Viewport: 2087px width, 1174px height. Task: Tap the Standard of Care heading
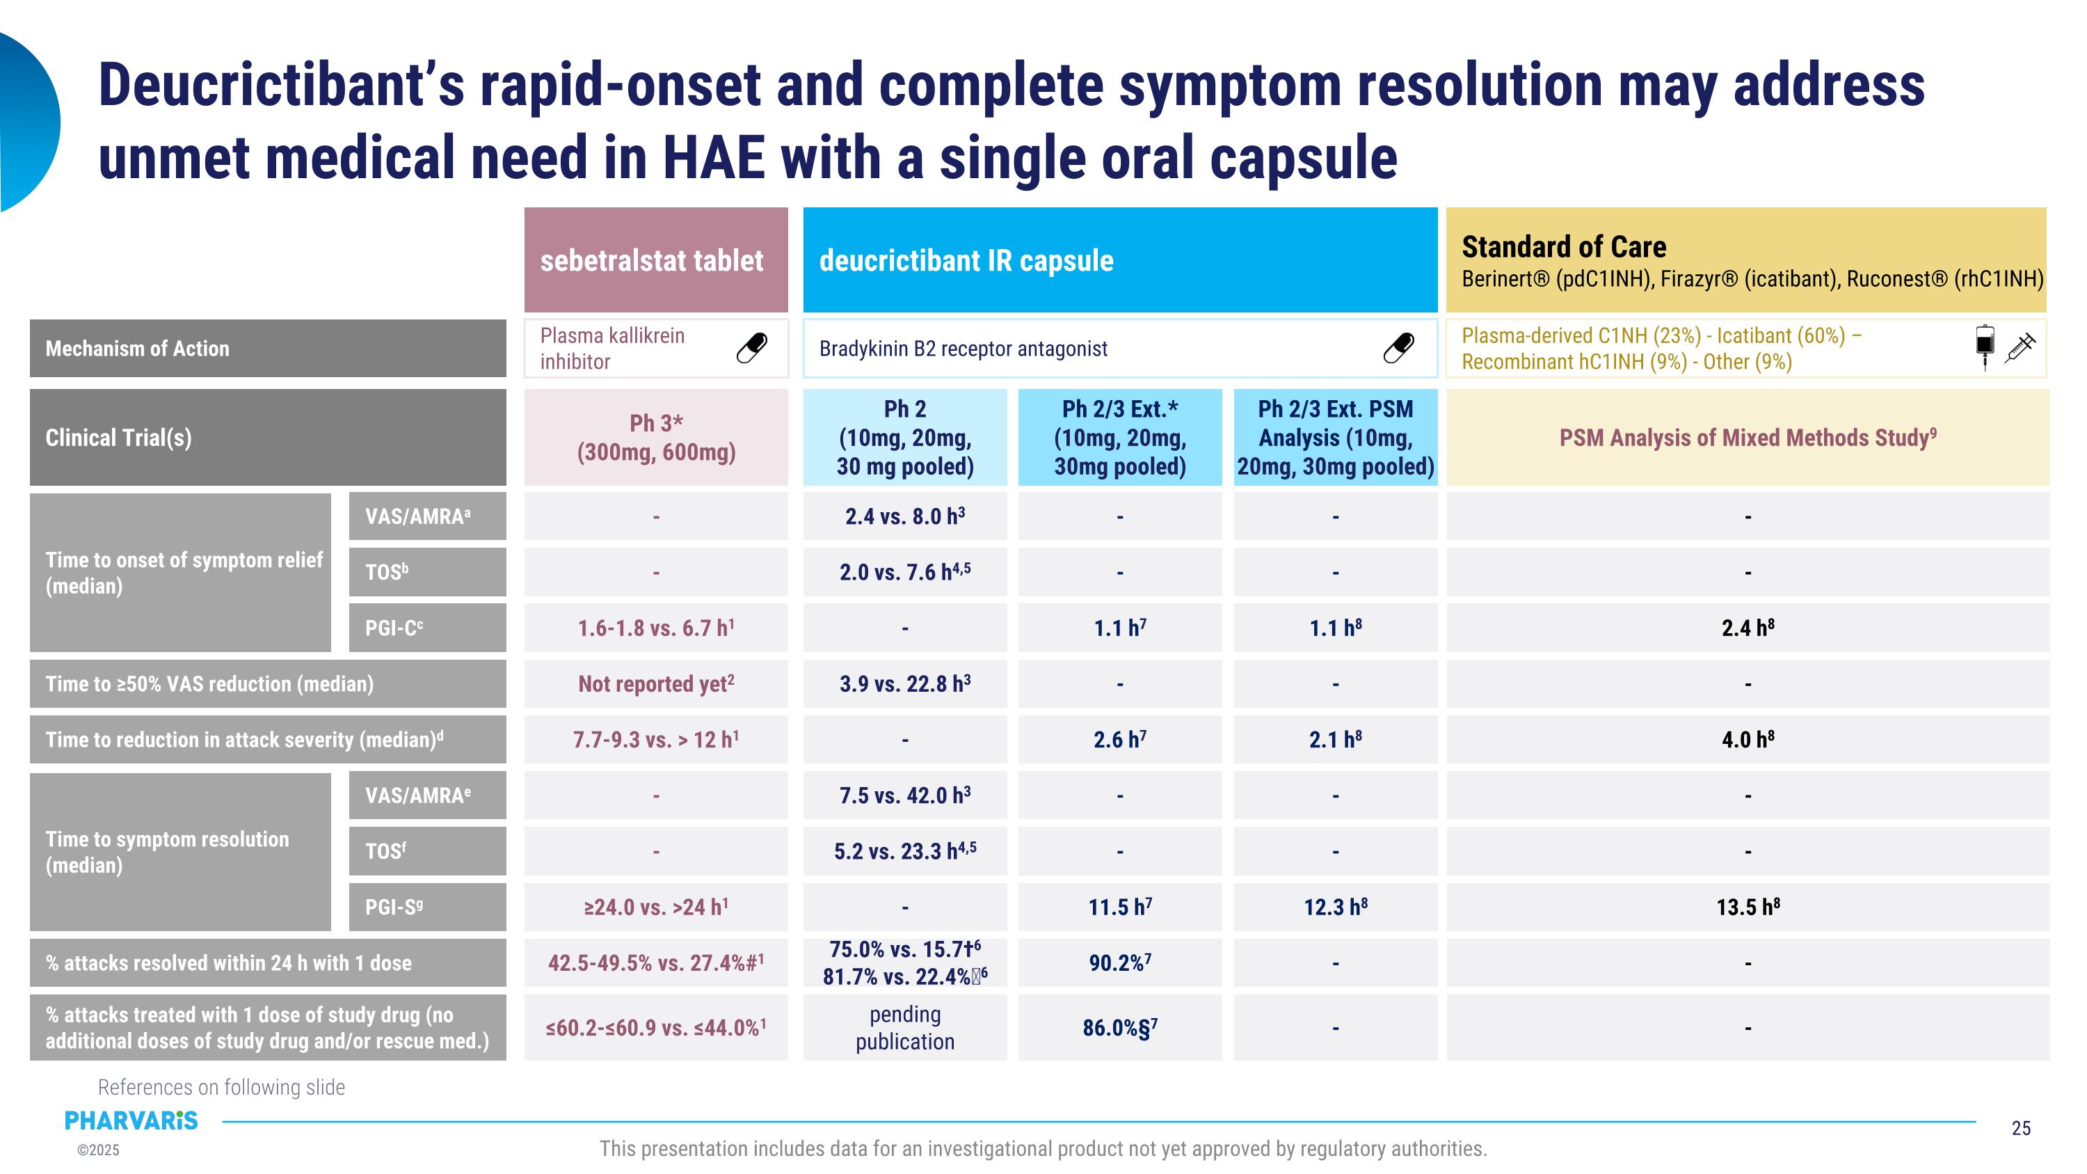tap(1564, 246)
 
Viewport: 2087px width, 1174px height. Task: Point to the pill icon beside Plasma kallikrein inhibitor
tap(752, 349)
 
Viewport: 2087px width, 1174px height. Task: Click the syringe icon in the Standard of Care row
tap(2020, 349)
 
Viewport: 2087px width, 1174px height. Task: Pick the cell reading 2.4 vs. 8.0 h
tap(905, 516)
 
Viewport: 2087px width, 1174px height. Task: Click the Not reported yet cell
tap(656, 684)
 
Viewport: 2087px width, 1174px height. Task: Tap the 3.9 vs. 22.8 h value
tap(905, 684)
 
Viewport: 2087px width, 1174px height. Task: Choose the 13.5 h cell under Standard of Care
tap(1748, 907)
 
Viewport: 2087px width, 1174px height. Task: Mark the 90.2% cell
tap(1119, 962)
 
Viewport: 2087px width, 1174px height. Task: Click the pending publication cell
tap(905, 1027)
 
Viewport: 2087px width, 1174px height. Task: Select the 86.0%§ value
tap(1119, 1027)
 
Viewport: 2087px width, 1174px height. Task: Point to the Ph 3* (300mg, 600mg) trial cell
tap(656, 438)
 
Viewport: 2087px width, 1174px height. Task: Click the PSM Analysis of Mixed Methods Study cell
tap(1748, 438)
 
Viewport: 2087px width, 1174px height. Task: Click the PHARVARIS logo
tap(131, 1120)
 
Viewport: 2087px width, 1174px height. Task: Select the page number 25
tap(2021, 1128)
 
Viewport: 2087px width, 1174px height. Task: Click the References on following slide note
tap(221, 1087)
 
